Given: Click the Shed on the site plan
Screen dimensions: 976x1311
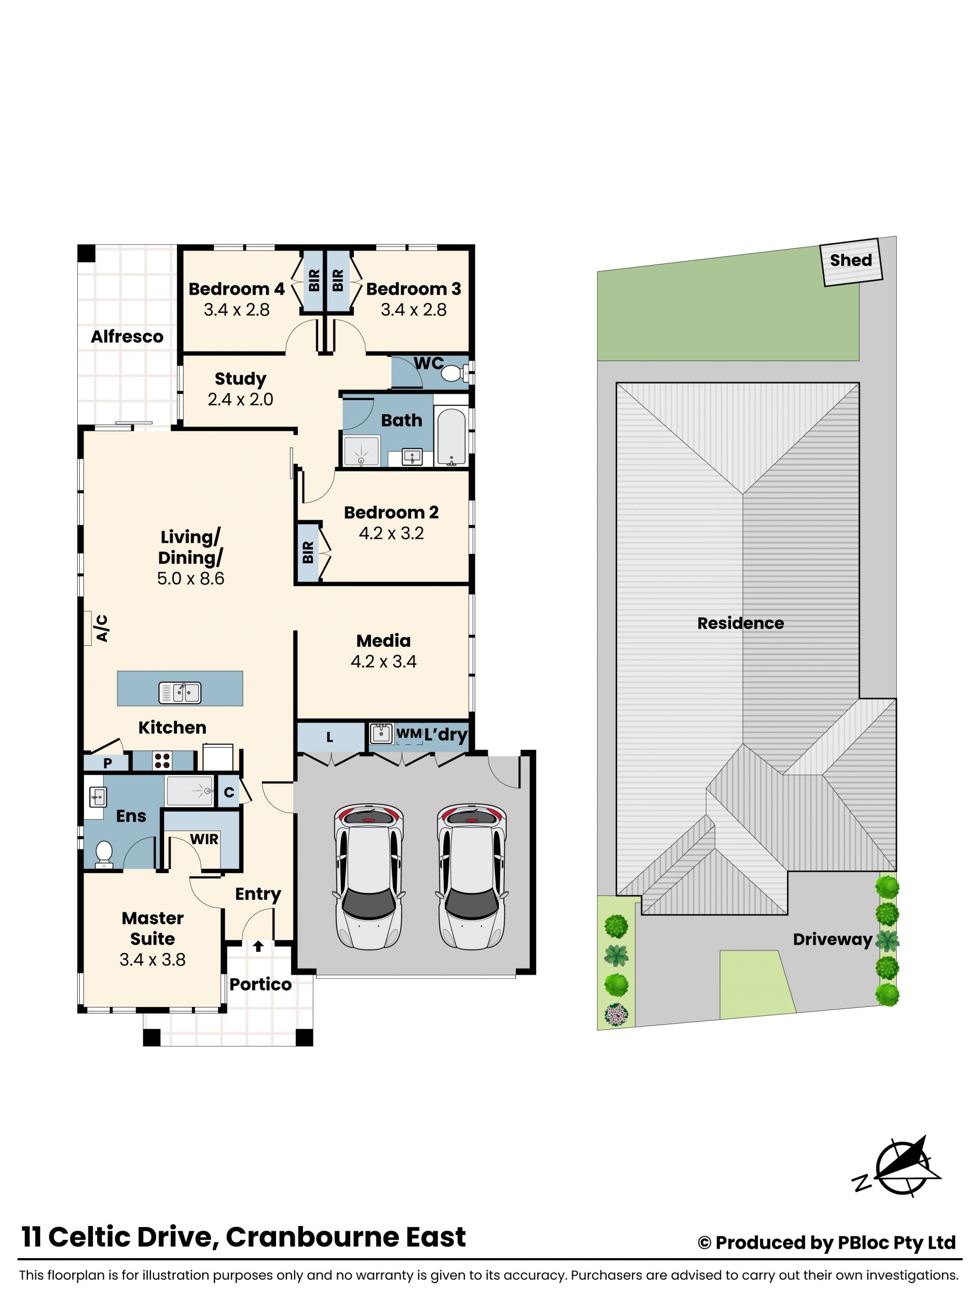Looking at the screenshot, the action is [x=851, y=262].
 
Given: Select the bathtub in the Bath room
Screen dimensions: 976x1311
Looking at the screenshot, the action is [x=452, y=436].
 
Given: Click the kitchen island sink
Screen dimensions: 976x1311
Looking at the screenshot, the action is [x=179, y=692].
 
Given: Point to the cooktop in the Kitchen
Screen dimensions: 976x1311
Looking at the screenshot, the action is [x=163, y=760].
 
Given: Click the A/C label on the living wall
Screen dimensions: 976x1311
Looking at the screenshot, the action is [x=102, y=629].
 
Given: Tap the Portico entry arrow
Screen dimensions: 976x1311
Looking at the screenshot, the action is [x=258, y=946].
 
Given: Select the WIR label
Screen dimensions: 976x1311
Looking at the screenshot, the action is [x=204, y=839].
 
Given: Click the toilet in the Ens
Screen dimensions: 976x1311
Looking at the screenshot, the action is [x=104, y=855].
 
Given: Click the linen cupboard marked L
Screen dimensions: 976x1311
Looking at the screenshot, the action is [x=330, y=737].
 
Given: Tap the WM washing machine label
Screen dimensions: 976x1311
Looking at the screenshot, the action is [x=409, y=733].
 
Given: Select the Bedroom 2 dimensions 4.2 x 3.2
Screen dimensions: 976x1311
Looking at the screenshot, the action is [x=391, y=533].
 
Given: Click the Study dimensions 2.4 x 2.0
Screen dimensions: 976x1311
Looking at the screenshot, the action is [x=240, y=400].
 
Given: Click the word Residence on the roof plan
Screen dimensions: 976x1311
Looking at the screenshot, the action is [x=740, y=623].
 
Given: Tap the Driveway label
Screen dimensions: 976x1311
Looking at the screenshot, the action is [x=833, y=940].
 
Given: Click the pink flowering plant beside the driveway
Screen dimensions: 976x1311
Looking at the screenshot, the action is [x=616, y=1015].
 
